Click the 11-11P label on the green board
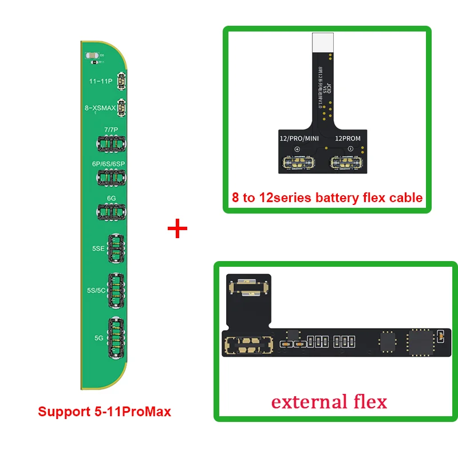[101, 81]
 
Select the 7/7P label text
[111, 129]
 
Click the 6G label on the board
[112, 198]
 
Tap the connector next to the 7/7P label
[112, 144]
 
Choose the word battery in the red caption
[334, 198]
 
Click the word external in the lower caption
[306, 401]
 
